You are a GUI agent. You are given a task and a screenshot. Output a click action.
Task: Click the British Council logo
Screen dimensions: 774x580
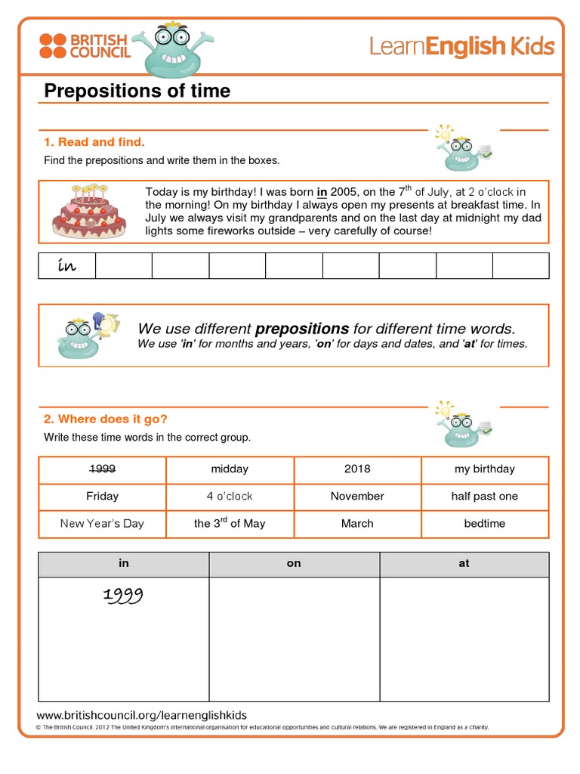tap(85, 46)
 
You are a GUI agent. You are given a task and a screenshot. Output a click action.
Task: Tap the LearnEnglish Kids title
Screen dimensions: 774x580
tap(461, 47)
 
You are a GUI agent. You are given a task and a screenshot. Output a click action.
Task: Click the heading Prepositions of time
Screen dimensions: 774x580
tap(137, 91)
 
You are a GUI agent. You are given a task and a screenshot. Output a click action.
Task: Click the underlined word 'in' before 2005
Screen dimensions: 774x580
tap(321, 192)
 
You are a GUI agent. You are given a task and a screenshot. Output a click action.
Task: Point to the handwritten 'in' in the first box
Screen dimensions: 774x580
tap(67, 266)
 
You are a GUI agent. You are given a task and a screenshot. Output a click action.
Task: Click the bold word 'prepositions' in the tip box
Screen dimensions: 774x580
tap(302, 329)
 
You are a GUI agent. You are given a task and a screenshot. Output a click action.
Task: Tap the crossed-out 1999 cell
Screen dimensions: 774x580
tap(102, 469)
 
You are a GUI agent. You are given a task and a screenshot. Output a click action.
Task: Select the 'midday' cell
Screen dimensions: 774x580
tap(230, 469)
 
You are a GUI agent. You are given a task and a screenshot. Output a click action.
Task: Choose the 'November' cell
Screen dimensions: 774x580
tap(357, 496)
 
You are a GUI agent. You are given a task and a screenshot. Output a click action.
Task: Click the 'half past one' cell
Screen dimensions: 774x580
tap(484, 496)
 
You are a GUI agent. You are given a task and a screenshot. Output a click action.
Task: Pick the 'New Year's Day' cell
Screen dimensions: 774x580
tap(102, 523)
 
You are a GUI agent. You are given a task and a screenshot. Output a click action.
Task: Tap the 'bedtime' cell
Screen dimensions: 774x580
tap(484, 523)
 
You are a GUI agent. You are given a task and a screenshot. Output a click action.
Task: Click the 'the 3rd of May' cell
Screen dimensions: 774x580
tap(230, 523)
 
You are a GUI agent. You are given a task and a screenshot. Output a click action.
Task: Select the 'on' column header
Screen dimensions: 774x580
tap(294, 564)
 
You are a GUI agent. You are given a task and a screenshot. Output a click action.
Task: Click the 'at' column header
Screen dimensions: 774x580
tap(464, 564)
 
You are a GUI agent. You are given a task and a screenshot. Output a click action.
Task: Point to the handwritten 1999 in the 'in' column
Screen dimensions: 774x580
tap(122, 597)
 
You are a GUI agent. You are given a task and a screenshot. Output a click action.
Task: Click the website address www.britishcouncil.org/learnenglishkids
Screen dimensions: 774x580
tap(141, 715)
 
